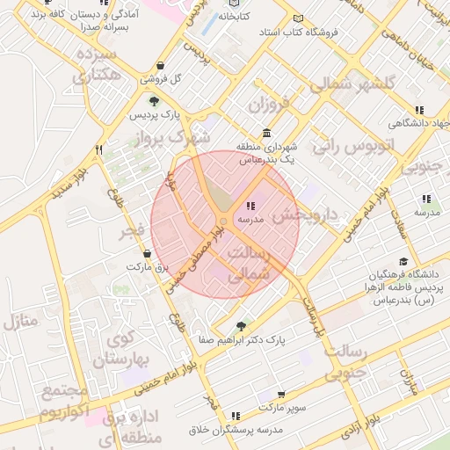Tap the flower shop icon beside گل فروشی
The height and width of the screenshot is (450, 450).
click(x=159, y=65)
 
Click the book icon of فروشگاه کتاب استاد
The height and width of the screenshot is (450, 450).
click(x=298, y=18)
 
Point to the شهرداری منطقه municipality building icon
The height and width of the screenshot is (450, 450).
click(x=266, y=132)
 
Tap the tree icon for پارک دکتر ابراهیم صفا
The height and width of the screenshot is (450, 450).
click(x=242, y=326)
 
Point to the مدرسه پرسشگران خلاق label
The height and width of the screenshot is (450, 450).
click(x=234, y=430)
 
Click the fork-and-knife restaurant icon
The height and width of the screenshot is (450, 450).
click(x=99, y=149)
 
